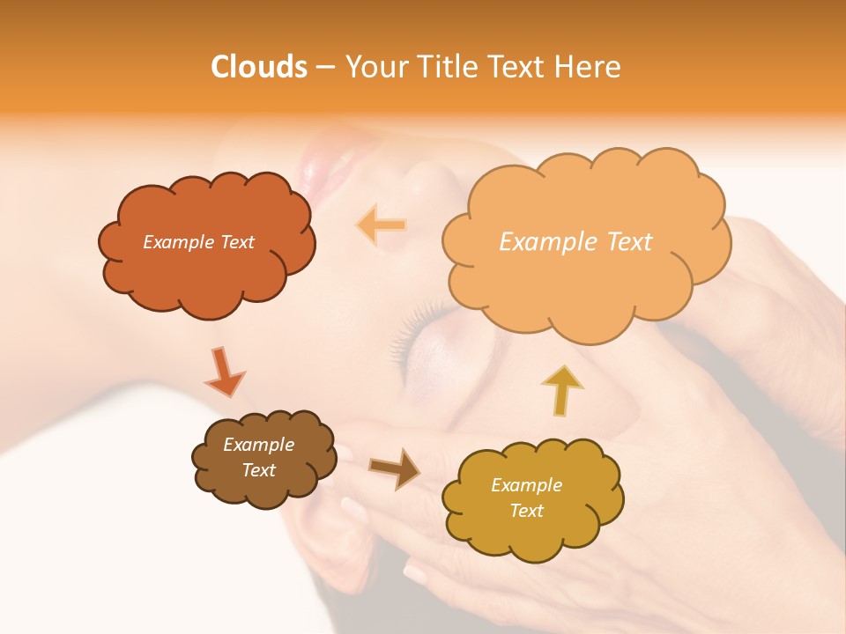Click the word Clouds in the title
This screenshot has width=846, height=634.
point(258,67)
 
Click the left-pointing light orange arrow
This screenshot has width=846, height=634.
point(381,225)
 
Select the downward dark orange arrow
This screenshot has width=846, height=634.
point(224,372)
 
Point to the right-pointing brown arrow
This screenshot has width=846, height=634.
point(395,468)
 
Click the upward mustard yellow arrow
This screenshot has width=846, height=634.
point(561,390)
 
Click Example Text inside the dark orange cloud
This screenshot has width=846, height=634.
point(198,242)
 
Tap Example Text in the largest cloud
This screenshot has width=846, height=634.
point(575,242)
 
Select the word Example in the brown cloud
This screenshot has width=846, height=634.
point(258,445)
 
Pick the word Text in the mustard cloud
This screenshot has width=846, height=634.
point(527,511)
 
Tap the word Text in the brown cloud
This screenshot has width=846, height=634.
point(258,470)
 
